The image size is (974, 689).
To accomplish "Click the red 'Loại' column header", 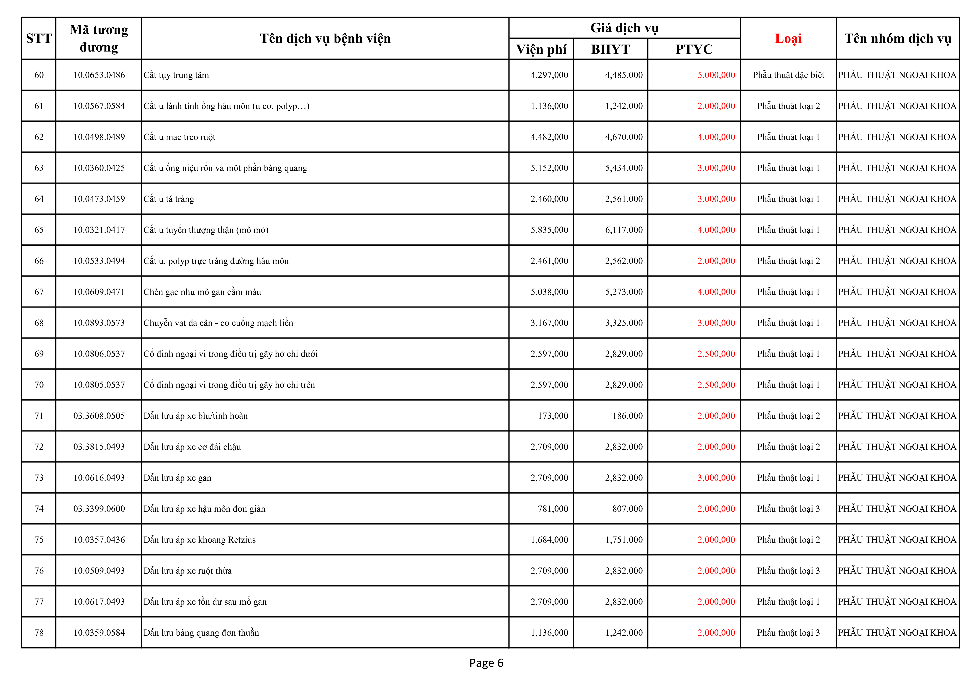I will tap(788, 39).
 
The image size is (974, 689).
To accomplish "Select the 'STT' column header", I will tap(39, 39).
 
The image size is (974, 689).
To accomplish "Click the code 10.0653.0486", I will tap(99, 75).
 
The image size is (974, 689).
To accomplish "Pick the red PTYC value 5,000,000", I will tap(716, 75).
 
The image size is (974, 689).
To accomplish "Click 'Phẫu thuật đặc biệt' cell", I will tap(788, 75).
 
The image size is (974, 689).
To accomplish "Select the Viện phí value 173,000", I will tap(553, 416).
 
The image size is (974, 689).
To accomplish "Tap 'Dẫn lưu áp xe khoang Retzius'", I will tap(199, 540).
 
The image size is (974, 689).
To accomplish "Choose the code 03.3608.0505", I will tap(99, 416).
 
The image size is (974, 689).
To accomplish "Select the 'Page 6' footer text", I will tap(486, 663).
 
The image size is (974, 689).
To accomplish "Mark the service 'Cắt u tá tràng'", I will tap(169, 199).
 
